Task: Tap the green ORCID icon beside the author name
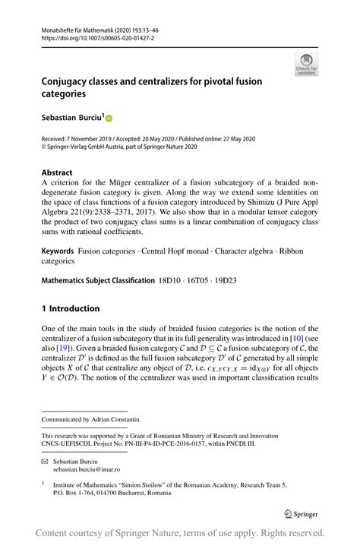coord(109,118)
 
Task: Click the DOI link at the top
coord(92,36)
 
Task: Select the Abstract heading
coord(57,172)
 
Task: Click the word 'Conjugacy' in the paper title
coord(71,81)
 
